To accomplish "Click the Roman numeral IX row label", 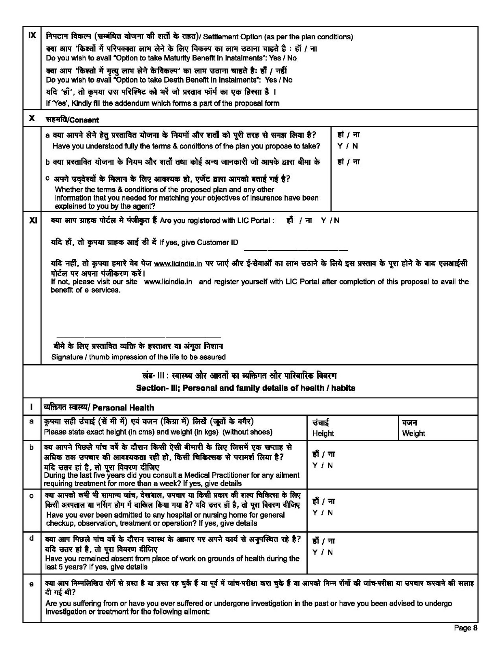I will tap(32, 35).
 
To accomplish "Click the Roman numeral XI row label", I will tap(33, 220).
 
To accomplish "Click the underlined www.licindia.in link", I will tap(178, 264).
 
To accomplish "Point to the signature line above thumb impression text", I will tap(138, 337).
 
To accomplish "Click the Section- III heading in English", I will tap(245, 388).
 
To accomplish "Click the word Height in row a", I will tap(323, 433).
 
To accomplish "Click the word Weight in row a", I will tap(413, 433).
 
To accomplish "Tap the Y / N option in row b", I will tap(322, 465).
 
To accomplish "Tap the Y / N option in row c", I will tap(322, 513).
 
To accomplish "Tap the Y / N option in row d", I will tap(322, 552).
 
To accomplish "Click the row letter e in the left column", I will tap(32, 584).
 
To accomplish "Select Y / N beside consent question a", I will tap(347, 146).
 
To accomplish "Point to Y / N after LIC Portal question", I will tap(330, 220).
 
